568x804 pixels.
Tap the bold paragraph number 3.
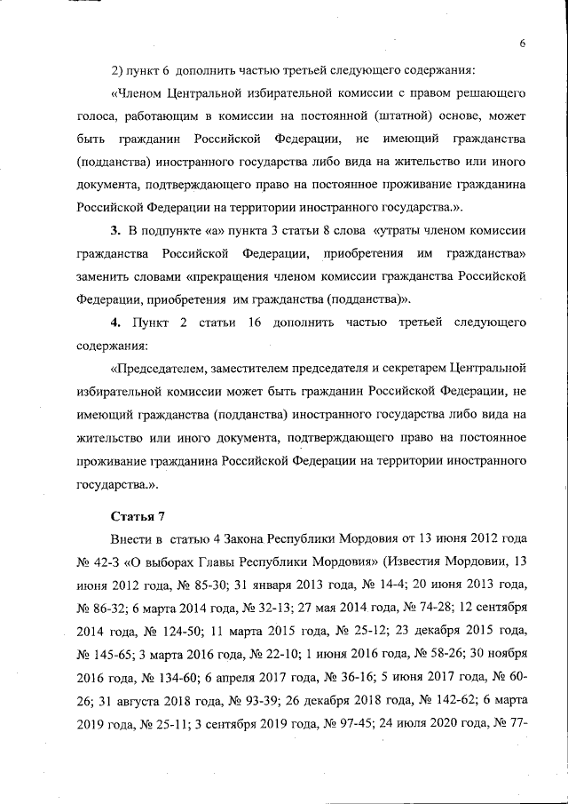pos(114,231)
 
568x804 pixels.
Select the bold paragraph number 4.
pos(114,319)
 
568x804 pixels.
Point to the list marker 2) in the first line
pos(118,69)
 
